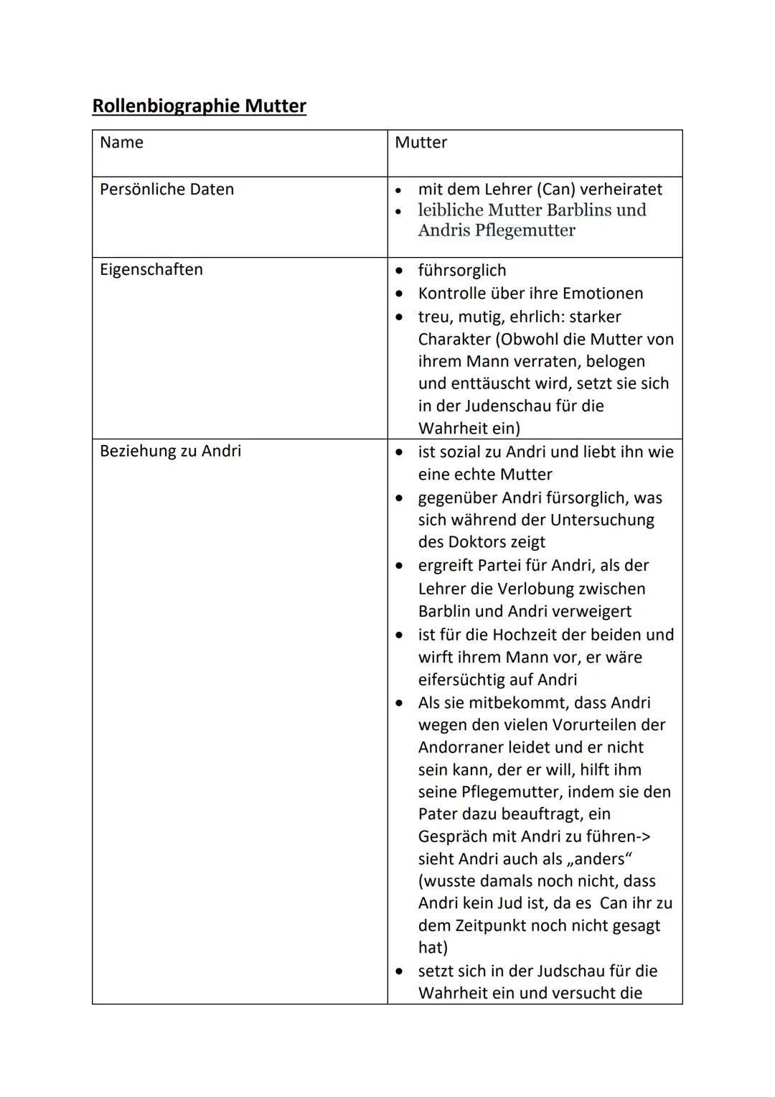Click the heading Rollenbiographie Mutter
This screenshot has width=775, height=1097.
(x=199, y=106)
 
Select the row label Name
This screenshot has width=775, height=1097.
(x=121, y=142)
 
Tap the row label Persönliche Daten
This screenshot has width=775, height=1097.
(x=166, y=190)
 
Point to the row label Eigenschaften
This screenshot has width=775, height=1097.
(x=151, y=270)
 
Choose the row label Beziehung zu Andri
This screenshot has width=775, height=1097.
(x=170, y=451)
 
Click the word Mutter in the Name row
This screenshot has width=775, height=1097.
(x=421, y=142)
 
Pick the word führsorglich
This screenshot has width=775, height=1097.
(x=462, y=271)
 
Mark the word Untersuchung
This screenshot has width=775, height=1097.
(x=602, y=519)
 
